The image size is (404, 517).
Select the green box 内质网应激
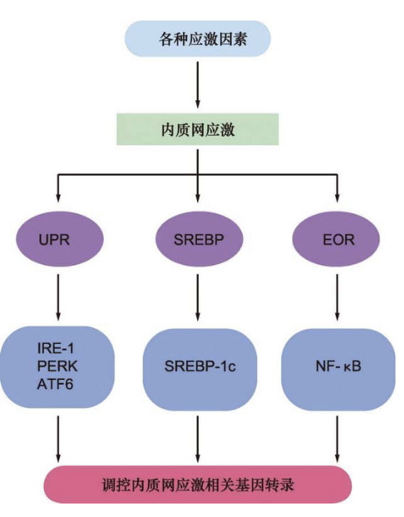click(x=197, y=130)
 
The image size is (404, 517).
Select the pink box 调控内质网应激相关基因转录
click(x=199, y=487)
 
